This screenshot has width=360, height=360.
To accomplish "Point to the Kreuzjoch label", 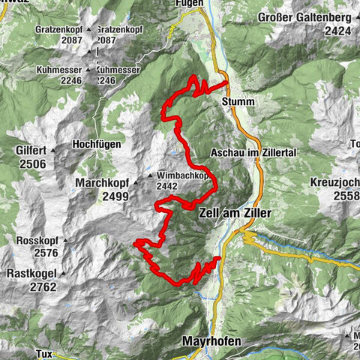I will (x=334, y=182).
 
